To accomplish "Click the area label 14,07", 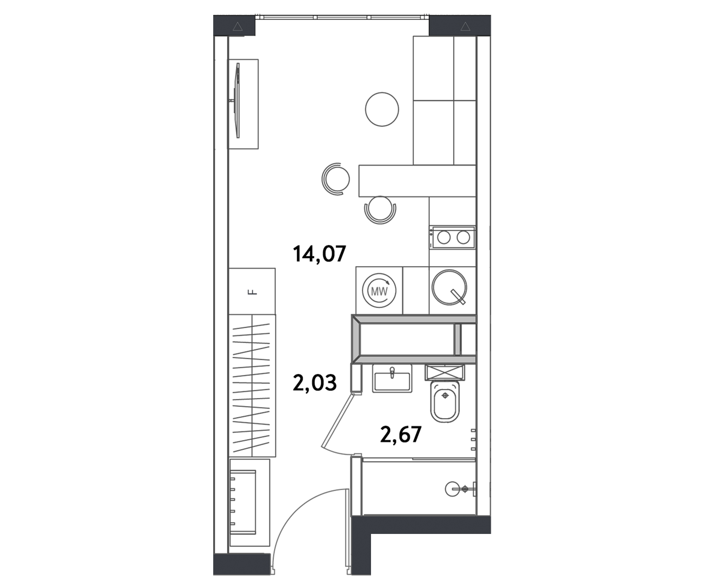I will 319,254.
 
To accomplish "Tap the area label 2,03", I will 315,383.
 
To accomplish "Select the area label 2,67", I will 401,434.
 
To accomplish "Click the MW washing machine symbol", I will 379,291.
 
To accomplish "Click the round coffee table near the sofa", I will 382,109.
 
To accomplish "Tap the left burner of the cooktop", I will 444,237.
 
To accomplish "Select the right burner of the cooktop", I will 463,237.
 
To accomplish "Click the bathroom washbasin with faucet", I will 392,380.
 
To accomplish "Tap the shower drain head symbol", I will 465,489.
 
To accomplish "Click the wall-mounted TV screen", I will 238,101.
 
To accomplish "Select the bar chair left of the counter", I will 336,179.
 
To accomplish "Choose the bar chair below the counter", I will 380,209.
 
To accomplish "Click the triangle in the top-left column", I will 238,27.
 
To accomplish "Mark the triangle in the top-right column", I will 465,27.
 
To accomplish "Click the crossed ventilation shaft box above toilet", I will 445,372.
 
